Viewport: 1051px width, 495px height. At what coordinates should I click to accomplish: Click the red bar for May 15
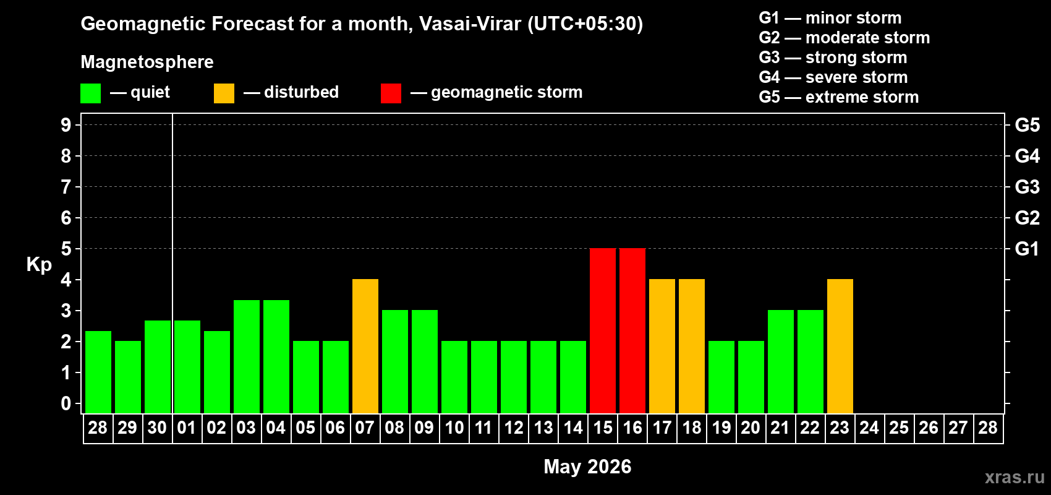tap(603, 330)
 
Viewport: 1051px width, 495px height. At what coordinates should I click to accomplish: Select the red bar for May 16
tap(632, 330)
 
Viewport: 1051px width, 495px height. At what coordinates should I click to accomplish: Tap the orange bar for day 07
tap(365, 346)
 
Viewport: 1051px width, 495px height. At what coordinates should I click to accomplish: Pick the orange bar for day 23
tap(840, 346)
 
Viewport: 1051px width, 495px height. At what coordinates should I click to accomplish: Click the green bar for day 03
tap(247, 356)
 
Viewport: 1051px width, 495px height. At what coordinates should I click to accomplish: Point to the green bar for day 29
tap(128, 377)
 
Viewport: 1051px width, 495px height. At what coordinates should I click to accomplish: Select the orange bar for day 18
tap(692, 346)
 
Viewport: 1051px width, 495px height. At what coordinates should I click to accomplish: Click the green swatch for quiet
tap(90, 93)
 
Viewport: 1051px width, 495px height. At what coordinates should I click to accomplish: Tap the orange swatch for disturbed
tap(224, 93)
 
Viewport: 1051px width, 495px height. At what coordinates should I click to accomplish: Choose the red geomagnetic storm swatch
tap(391, 93)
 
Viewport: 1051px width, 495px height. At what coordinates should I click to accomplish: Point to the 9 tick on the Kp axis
tap(66, 125)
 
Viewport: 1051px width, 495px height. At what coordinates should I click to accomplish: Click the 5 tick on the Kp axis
tap(66, 249)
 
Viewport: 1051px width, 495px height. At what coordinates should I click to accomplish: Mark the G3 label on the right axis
tap(1027, 187)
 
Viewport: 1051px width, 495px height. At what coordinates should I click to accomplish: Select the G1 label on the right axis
tap(1027, 249)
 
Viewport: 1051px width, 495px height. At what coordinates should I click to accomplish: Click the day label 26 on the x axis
tap(928, 428)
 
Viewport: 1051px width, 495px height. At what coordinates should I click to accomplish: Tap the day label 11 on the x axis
tap(483, 428)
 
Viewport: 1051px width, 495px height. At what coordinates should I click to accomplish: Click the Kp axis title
tap(39, 265)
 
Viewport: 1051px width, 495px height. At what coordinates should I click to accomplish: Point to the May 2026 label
tap(587, 467)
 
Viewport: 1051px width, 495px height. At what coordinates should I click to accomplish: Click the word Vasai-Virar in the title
tap(470, 24)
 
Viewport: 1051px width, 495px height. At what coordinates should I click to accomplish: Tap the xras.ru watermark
tap(1015, 477)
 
